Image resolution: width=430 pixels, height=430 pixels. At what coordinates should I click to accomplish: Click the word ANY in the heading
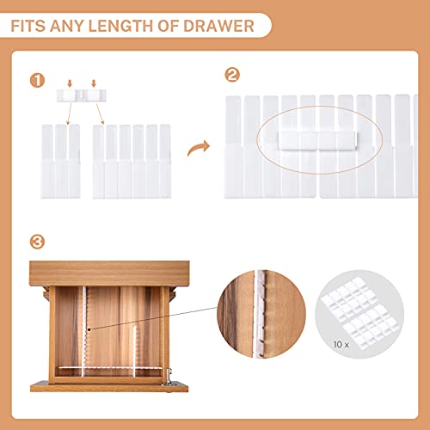click(74, 26)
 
